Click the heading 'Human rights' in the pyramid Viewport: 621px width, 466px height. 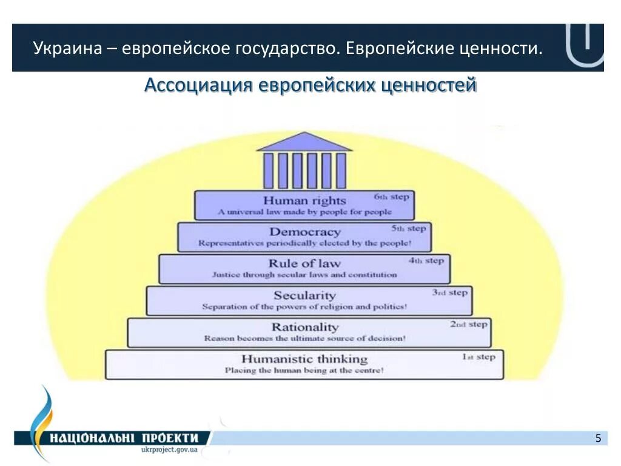[304, 200]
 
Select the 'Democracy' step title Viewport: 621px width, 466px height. [305, 232]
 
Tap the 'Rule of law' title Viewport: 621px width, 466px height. [304, 263]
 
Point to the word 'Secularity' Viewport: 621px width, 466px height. [304, 295]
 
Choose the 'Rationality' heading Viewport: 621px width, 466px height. [304, 327]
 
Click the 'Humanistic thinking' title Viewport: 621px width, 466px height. [304, 359]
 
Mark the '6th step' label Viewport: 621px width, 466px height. [392, 197]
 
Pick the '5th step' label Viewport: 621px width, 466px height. [409, 229]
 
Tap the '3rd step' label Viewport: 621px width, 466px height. [449, 292]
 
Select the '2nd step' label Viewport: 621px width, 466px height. [468, 324]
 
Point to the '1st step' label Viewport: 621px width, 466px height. [479, 357]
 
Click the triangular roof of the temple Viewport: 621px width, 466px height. [304, 143]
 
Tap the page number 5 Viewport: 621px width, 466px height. [598, 438]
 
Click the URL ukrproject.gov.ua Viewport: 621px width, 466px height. [169, 451]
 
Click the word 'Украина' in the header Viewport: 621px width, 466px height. [67, 47]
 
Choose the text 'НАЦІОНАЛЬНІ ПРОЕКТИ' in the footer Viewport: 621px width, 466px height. [125, 438]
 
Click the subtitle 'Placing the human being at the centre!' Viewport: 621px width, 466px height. [304, 370]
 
